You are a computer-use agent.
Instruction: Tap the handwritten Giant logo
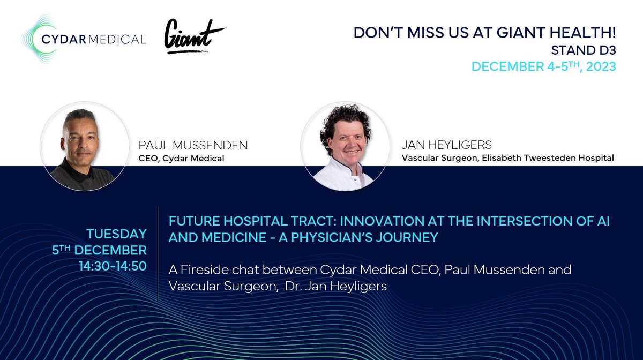[194, 36]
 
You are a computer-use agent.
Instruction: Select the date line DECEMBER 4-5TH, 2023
[543, 67]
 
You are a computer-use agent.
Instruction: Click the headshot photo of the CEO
[85, 146]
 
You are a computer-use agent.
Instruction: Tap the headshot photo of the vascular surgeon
[345, 146]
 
